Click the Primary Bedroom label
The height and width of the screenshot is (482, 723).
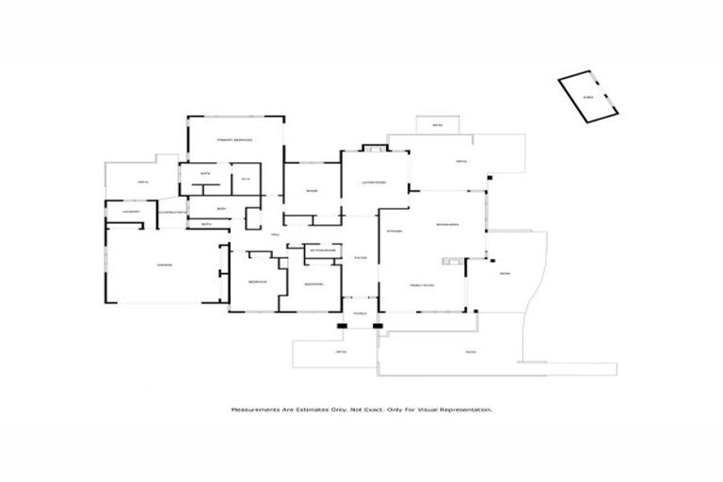point(234,140)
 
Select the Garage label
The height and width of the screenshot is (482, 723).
point(164,265)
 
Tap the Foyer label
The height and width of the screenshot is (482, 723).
point(360,257)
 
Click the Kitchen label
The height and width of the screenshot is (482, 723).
point(394,231)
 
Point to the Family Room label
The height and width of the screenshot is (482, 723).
point(421,284)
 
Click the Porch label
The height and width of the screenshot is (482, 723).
point(360,312)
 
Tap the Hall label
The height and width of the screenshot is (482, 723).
point(276,234)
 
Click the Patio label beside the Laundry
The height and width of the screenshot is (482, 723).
point(143,182)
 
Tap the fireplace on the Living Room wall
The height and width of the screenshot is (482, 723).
point(374,148)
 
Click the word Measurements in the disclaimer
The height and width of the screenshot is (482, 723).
point(257,410)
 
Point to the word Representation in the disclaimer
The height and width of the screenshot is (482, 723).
point(467,410)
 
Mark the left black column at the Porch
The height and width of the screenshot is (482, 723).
point(342,327)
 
